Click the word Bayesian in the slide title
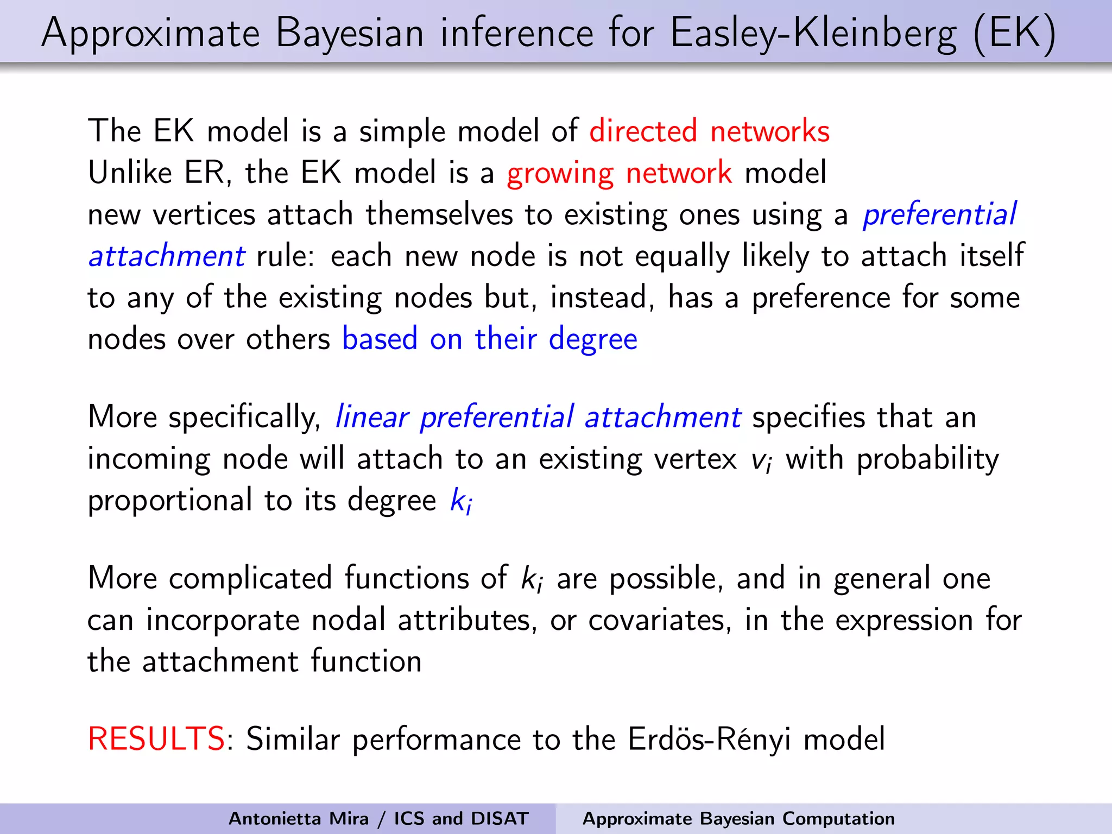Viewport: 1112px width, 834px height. (350, 34)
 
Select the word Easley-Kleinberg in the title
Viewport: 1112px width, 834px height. (813, 34)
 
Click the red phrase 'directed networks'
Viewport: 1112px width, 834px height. (709, 131)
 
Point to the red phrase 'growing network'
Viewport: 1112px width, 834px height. (619, 173)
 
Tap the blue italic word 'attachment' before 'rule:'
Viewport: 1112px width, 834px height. (167, 256)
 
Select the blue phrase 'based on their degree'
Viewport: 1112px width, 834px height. (489, 339)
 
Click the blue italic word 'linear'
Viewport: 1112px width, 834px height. (371, 418)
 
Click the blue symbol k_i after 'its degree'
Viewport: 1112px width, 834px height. (461, 501)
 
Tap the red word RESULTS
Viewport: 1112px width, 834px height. (156, 739)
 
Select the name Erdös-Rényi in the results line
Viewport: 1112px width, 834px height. (709, 739)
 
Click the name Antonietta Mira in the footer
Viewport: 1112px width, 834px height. (298, 818)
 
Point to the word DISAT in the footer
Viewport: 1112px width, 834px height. (500, 818)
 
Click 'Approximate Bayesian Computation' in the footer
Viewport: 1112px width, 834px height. (738, 818)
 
